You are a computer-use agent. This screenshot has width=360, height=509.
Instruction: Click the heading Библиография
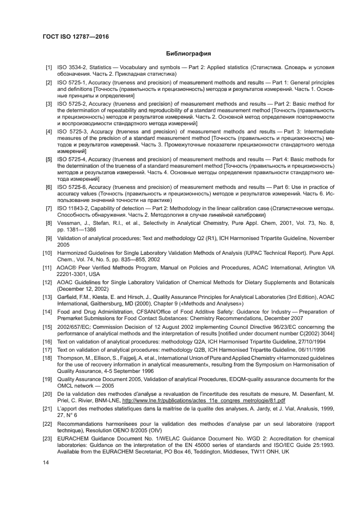188,53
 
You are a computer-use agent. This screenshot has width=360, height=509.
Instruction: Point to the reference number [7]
48,208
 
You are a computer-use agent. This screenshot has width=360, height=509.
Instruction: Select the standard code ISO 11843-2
74,208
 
